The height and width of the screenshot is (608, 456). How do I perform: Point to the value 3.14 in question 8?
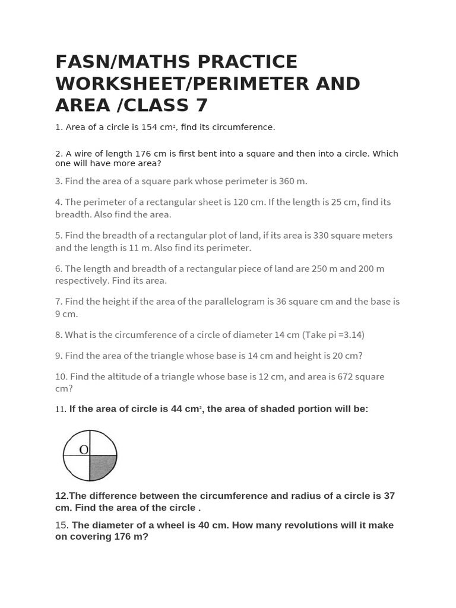tap(350, 334)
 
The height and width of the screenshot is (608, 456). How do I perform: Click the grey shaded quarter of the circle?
tap(102, 467)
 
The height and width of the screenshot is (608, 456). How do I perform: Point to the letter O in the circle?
tap(84, 449)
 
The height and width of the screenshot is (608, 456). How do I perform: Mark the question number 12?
tap(61, 496)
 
